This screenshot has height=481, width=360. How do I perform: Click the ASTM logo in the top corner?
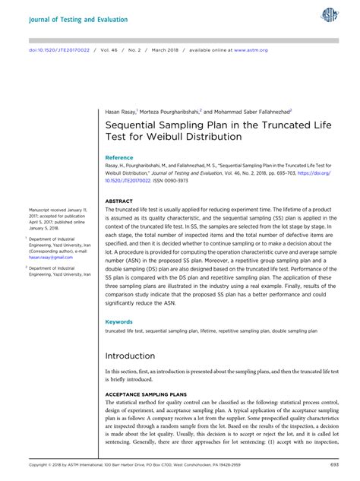click(331, 15)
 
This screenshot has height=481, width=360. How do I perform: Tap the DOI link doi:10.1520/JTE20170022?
click(55, 50)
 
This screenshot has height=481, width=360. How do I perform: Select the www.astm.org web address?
click(250, 50)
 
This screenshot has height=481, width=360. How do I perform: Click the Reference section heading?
click(119, 157)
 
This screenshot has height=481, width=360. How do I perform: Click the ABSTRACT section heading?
click(118, 201)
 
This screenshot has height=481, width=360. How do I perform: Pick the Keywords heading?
click(118, 321)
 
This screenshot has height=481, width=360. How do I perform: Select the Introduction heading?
click(130, 356)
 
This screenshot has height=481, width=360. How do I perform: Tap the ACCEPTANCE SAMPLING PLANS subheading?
click(146, 395)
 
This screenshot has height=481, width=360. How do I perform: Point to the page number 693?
click(334, 464)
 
